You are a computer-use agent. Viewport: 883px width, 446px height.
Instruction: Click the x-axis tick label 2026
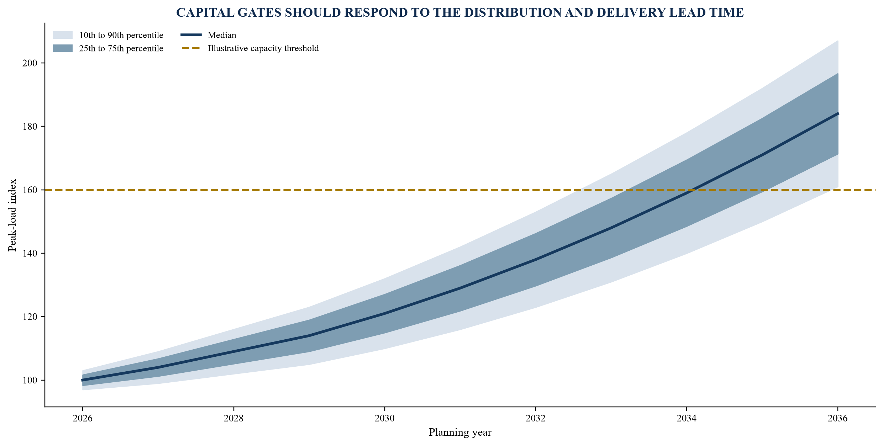coord(82,419)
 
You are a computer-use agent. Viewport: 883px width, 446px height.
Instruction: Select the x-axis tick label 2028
coord(233,419)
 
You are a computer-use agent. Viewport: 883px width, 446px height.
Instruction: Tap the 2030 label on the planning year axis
coord(384,419)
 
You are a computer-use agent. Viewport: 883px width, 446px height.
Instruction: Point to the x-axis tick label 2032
coord(536,419)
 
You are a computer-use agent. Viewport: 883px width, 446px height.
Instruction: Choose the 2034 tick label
coord(687,419)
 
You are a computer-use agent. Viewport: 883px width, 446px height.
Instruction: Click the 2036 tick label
coord(838,419)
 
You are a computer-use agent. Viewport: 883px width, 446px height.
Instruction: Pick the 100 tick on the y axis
coord(30,381)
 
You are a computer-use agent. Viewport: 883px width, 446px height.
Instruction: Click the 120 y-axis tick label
coord(30,317)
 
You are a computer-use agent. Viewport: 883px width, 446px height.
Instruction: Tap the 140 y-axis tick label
coord(30,254)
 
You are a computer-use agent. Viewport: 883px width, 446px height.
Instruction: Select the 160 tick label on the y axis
coord(30,190)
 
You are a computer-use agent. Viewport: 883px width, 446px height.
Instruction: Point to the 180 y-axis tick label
coord(30,127)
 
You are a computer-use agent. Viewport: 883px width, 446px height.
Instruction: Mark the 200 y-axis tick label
coord(30,63)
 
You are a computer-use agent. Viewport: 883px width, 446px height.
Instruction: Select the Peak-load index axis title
coord(12,215)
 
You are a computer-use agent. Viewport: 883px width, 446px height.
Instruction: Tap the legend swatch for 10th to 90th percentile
coord(63,35)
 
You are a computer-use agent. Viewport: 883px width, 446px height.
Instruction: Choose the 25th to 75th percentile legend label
coord(121,48)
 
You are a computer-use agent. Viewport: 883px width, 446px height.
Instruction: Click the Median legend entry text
coord(222,35)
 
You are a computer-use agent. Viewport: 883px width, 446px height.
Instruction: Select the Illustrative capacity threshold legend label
coord(263,48)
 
